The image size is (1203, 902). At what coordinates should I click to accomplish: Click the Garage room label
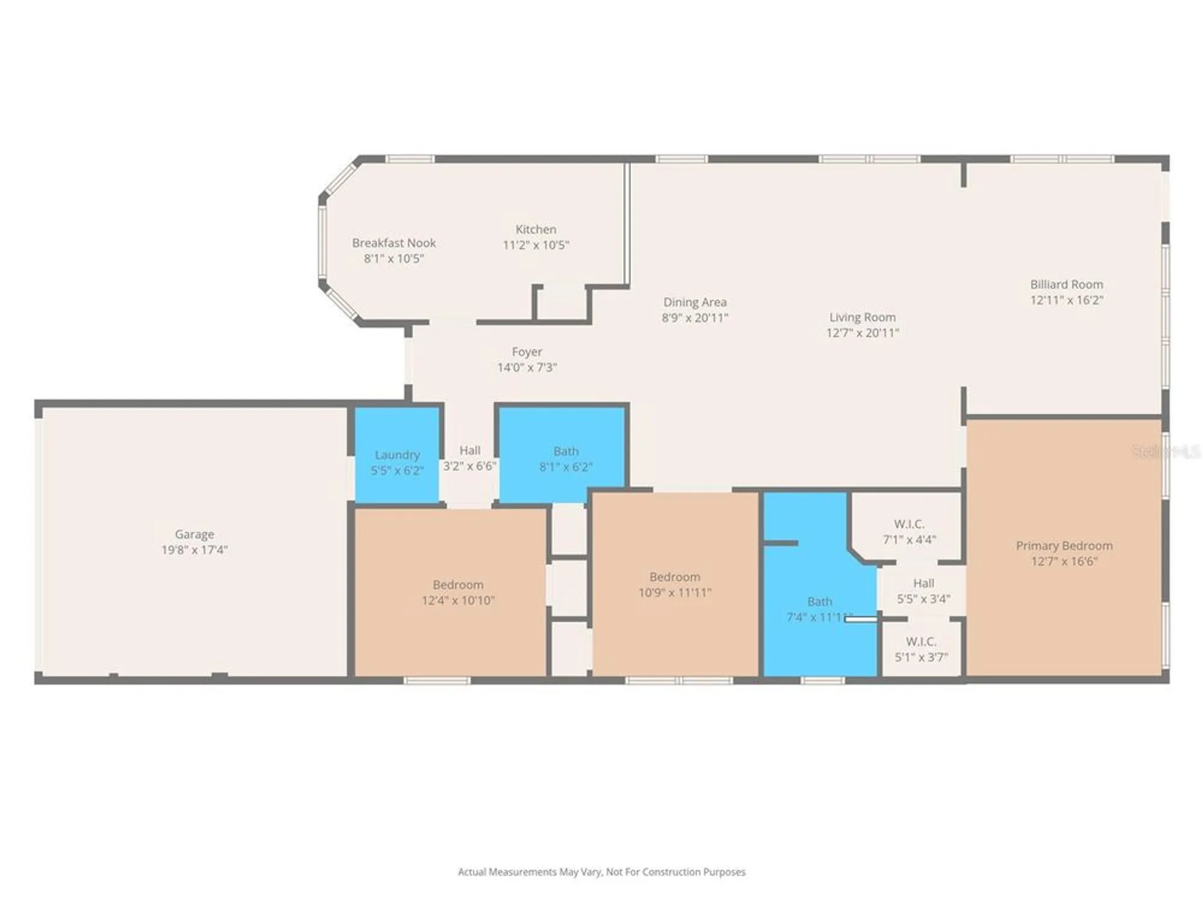[194, 534]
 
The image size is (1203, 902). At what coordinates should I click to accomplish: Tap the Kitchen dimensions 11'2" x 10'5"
[535, 245]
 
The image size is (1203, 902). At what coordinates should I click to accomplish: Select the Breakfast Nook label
[394, 243]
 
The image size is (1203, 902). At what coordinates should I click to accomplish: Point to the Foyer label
[527, 352]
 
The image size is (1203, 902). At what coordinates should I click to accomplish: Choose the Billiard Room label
[1066, 284]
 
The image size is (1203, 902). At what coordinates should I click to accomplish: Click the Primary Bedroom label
[1064, 546]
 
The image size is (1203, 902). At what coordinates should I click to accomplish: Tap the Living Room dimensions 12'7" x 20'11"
[863, 333]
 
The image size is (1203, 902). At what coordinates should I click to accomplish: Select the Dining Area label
[695, 302]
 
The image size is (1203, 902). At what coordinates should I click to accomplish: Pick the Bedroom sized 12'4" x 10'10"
[458, 592]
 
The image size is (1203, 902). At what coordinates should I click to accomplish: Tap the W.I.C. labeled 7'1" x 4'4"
[909, 532]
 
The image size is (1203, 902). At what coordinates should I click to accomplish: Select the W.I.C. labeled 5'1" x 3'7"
[921, 649]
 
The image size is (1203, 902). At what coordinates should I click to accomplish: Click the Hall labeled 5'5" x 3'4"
[923, 591]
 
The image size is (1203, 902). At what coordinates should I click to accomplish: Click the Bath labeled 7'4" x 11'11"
[819, 609]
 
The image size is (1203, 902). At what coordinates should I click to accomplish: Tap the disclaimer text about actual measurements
[601, 872]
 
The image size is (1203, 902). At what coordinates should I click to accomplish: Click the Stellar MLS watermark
[1165, 451]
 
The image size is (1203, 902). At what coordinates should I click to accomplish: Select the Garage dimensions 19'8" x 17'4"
[194, 550]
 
